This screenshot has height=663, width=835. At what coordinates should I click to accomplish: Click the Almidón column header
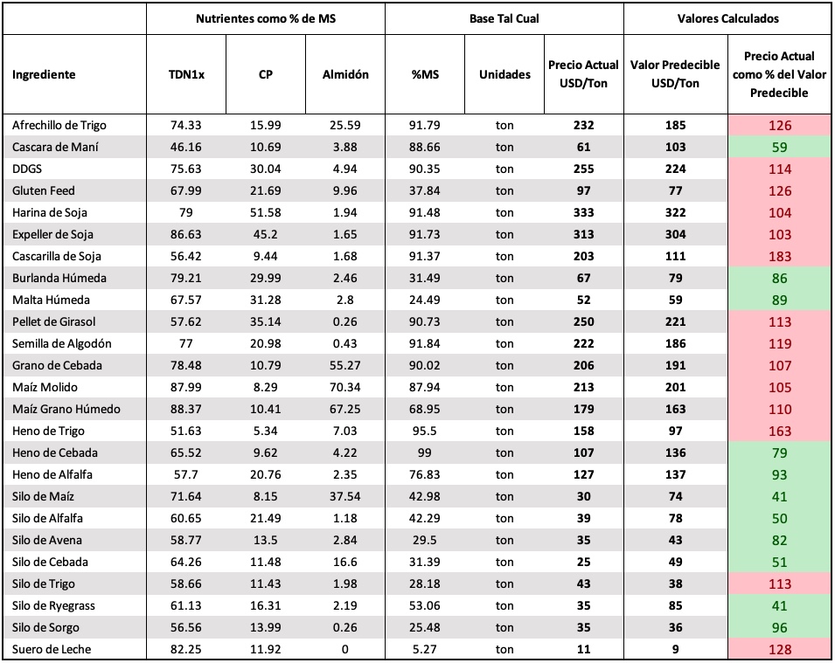(x=345, y=74)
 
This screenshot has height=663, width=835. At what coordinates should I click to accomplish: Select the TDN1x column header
(x=186, y=74)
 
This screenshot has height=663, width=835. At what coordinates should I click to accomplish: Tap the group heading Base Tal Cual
(x=504, y=18)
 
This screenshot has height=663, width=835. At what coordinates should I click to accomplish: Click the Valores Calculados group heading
(x=727, y=18)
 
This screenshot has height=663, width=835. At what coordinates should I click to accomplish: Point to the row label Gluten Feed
(x=43, y=190)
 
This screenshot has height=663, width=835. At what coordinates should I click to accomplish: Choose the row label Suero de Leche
(x=51, y=649)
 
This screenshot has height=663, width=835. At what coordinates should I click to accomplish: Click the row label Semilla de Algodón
(x=62, y=344)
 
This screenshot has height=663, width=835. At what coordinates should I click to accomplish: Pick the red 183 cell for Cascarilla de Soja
(x=780, y=257)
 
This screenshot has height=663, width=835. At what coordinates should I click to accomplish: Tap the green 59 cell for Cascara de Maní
(x=780, y=148)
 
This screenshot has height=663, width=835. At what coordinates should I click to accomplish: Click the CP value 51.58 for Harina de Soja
(x=265, y=213)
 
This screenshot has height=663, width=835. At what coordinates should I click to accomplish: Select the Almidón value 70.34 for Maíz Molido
(x=345, y=387)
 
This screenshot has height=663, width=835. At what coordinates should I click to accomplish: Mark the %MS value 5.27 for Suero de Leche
(x=424, y=649)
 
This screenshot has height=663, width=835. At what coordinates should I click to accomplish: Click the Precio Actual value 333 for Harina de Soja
(x=584, y=213)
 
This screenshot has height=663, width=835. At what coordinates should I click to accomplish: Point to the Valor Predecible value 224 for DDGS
(x=675, y=169)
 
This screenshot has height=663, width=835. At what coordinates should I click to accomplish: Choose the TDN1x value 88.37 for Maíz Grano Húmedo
(x=186, y=409)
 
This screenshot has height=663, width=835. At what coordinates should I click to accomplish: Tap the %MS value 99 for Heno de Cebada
(x=424, y=452)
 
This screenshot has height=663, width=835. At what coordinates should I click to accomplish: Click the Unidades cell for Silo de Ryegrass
(x=504, y=605)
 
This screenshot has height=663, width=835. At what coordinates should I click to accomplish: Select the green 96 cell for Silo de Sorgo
(x=780, y=628)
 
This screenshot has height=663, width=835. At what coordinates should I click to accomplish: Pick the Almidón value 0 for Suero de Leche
(x=345, y=649)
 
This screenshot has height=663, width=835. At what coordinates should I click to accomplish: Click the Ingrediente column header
(x=44, y=74)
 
